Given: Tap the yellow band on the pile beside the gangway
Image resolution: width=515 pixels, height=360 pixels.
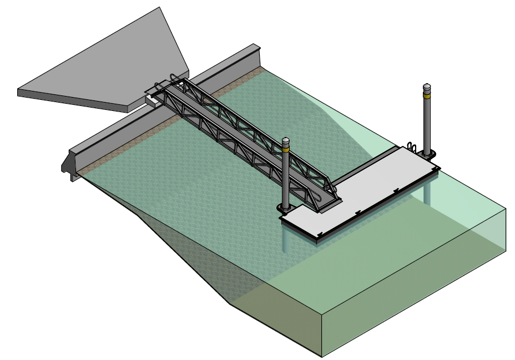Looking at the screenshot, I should coord(286,148).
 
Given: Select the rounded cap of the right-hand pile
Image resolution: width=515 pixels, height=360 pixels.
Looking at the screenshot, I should coord(427,86).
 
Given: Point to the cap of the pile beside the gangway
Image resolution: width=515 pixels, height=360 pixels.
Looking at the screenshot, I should coord(286,140).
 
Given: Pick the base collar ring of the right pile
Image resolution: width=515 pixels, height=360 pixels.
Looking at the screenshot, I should coord(428,155).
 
